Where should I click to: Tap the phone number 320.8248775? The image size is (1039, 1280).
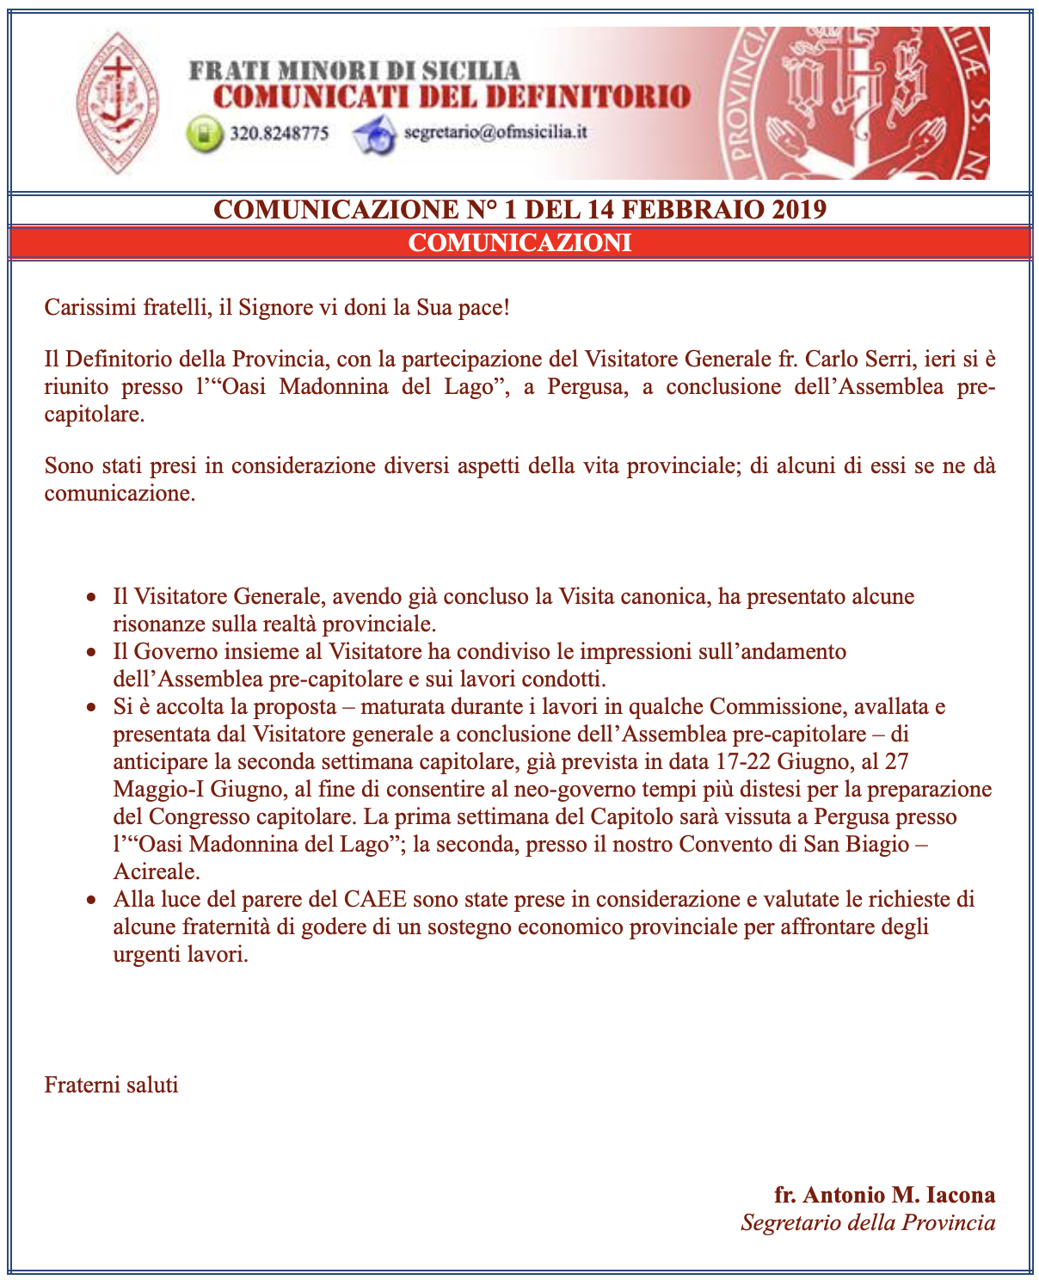pyautogui.click(x=280, y=134)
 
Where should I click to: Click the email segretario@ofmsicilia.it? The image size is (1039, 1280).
pyautogui.click(x=495, y=132)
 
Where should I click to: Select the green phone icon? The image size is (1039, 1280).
pyautogui.click(x=204, y=135)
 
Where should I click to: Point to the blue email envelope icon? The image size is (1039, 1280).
pyautogui.click(x=374, y=135)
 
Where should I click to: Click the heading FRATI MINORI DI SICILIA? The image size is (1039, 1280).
pyautogui.click(x=354, y=71)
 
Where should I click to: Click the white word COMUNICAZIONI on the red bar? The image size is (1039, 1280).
pyautogui.click(x=519, y=243)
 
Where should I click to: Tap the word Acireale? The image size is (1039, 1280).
pyautogui.click(x=156, y=871)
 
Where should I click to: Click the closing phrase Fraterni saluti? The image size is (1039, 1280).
pyautogui.click(x=112, y=1084)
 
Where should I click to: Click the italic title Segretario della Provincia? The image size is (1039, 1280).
pyautogui.click(x=868, y=1222)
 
